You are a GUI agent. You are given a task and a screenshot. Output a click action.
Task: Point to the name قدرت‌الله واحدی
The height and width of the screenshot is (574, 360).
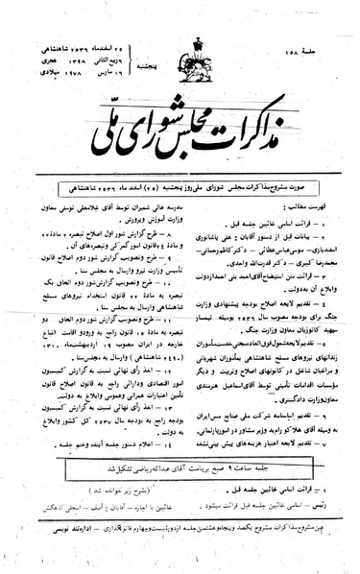229,231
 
